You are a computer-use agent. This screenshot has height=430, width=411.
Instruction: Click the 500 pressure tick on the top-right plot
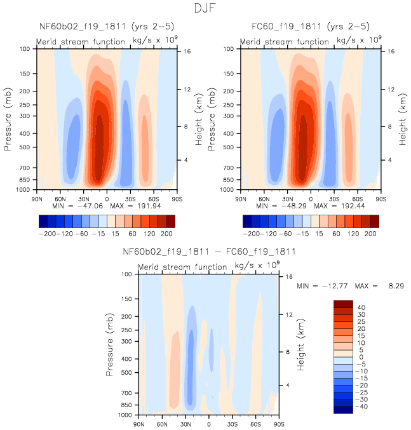[233, 147]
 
